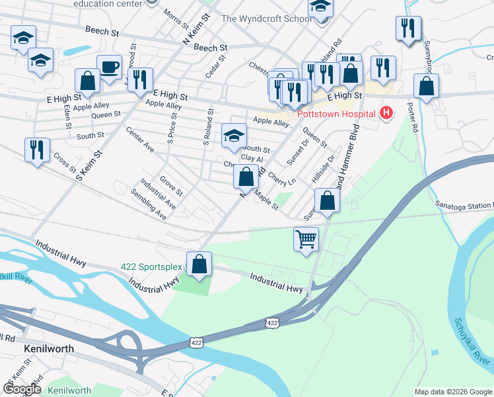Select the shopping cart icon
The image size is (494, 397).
[306, 238]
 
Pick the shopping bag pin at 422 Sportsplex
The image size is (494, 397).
[199, 263]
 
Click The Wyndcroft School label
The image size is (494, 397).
[267, 19]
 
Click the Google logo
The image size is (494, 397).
[22, 388]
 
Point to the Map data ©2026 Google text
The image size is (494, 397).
[452, 392]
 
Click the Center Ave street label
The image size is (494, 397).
[139, 140]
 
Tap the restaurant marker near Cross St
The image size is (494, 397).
[37, 149]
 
